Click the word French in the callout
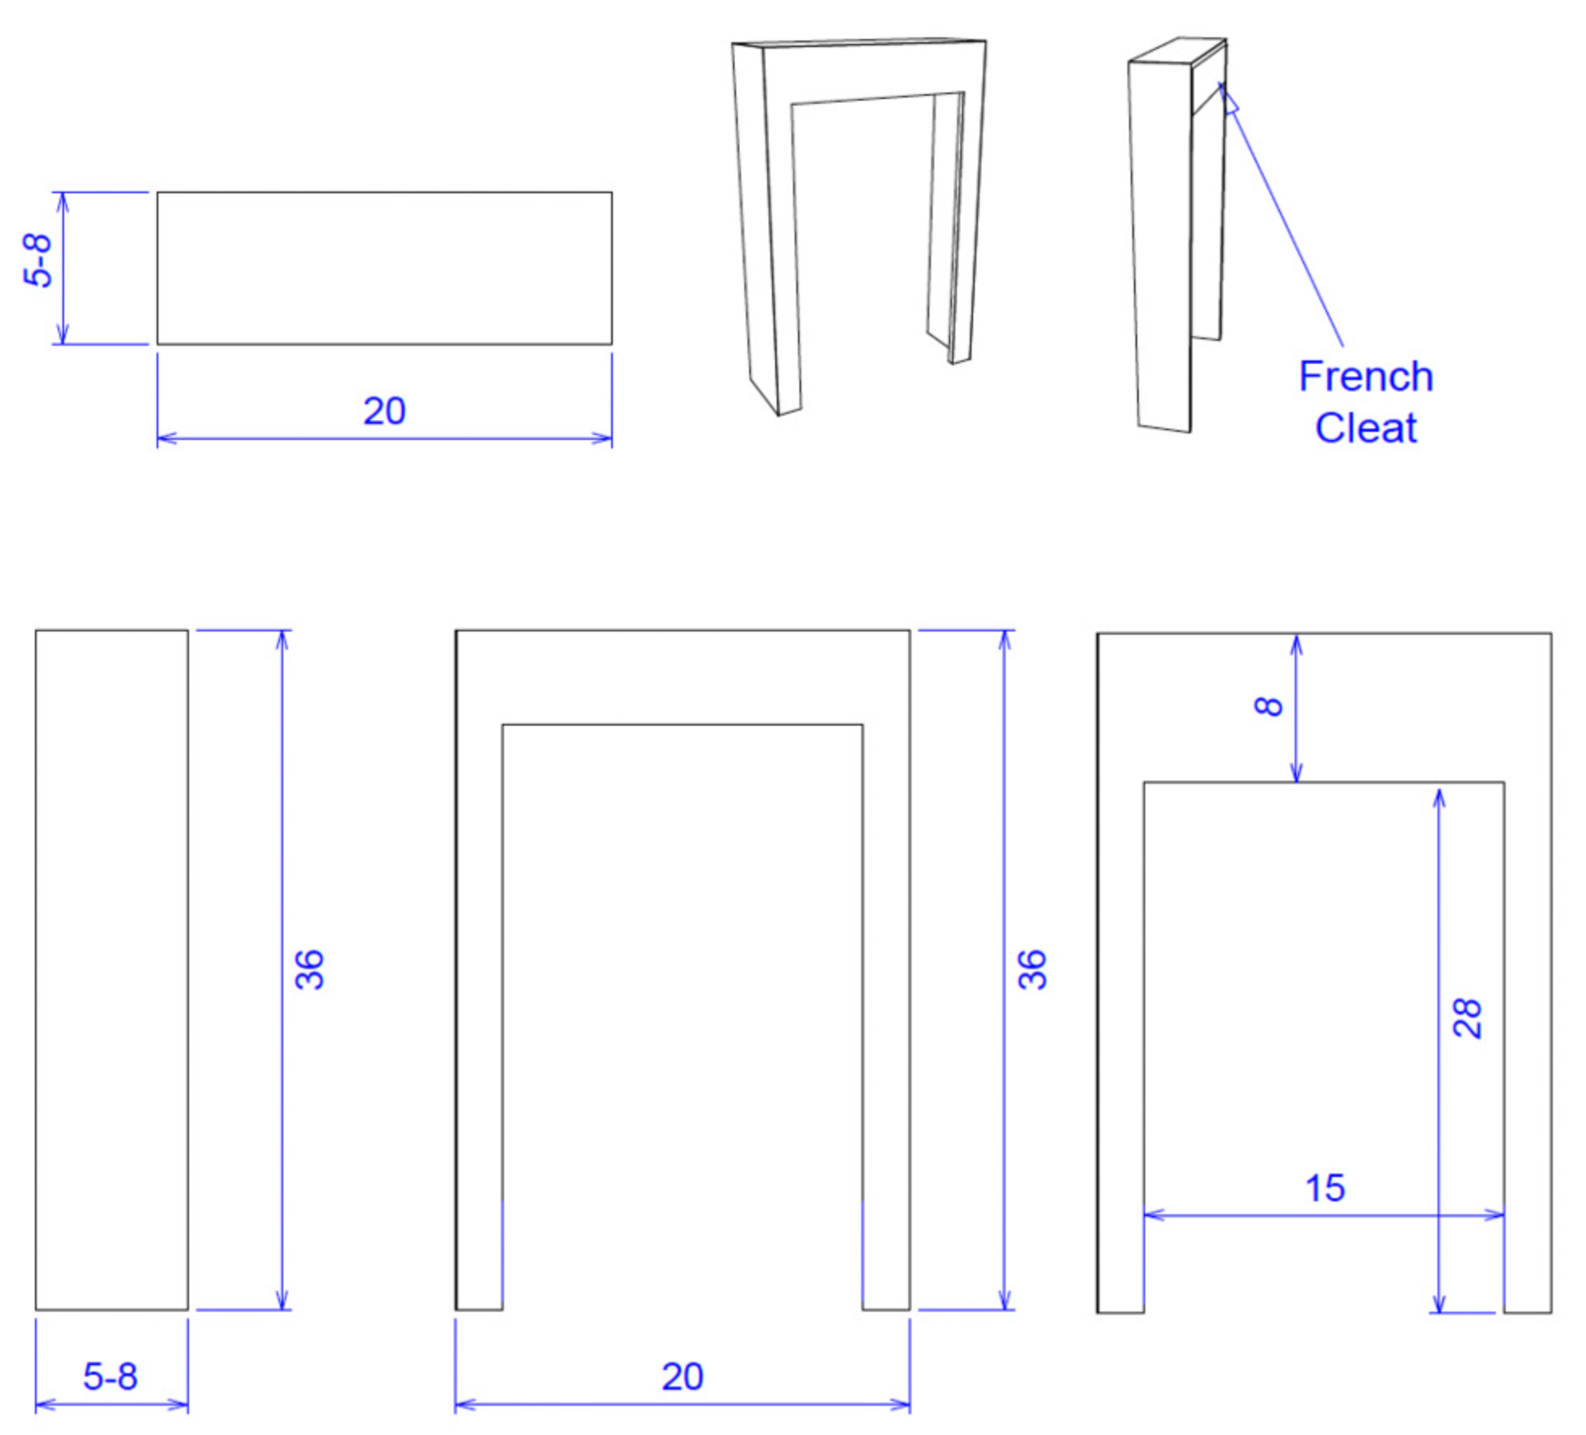coord(1365,377)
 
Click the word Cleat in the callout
coord(1365,428)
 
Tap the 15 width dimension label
coord(1325,1188)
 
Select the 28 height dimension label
coord(1467,1018)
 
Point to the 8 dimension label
coord(1269,706)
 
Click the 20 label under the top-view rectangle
coord(384,412)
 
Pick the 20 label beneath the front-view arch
coord(682,1377)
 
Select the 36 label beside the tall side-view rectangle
coord(309,969)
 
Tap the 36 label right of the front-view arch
coord(1032,969)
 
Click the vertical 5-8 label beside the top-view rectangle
coord(38,261)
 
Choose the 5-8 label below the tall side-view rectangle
coord(110,1377)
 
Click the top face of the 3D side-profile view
coord(1177,50)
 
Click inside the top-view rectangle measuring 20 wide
coord(384,268)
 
